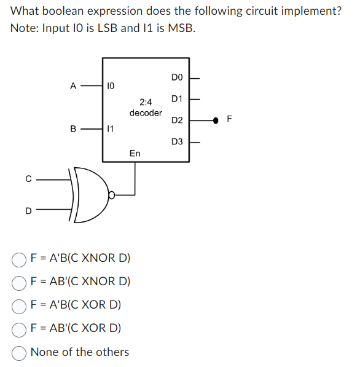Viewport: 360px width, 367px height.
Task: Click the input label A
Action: (x=73, y=86)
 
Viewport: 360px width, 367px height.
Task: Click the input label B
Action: (x=73, y=128)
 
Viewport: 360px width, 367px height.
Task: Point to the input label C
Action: (x=28, y=179)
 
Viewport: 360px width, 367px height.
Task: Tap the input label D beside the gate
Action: (x=28, y=211)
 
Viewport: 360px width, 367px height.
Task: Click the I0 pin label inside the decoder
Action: (x=111, y=86)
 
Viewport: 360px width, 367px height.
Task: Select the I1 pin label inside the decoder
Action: (x=111, y=128)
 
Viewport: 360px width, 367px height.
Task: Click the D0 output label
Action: (x=177, y=77)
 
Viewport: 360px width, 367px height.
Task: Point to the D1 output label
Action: (x=177, y=99)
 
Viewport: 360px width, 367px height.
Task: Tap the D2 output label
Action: (x=177, y=120)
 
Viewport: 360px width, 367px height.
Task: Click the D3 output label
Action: (x=177, y=141)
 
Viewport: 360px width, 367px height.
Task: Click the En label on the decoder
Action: (x=135, y=153)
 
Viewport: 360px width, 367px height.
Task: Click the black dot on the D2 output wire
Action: (x=216, y=120)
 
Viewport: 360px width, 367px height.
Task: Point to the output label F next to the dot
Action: (x=230, y=119)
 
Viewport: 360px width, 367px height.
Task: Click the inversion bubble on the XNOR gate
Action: (x=112, y=195)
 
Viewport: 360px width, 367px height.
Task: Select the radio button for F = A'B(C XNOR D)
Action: (x=18, y=260)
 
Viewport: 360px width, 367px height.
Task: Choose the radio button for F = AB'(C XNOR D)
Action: (x=18, y=283)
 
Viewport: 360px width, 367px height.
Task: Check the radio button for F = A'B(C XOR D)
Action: (x=18, y=307)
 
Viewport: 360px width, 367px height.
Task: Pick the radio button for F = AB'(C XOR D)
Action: (x=18, y=330)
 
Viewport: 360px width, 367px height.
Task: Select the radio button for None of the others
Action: (x=18, y=353)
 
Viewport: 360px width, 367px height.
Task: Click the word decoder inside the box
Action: (x=146, y=113)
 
